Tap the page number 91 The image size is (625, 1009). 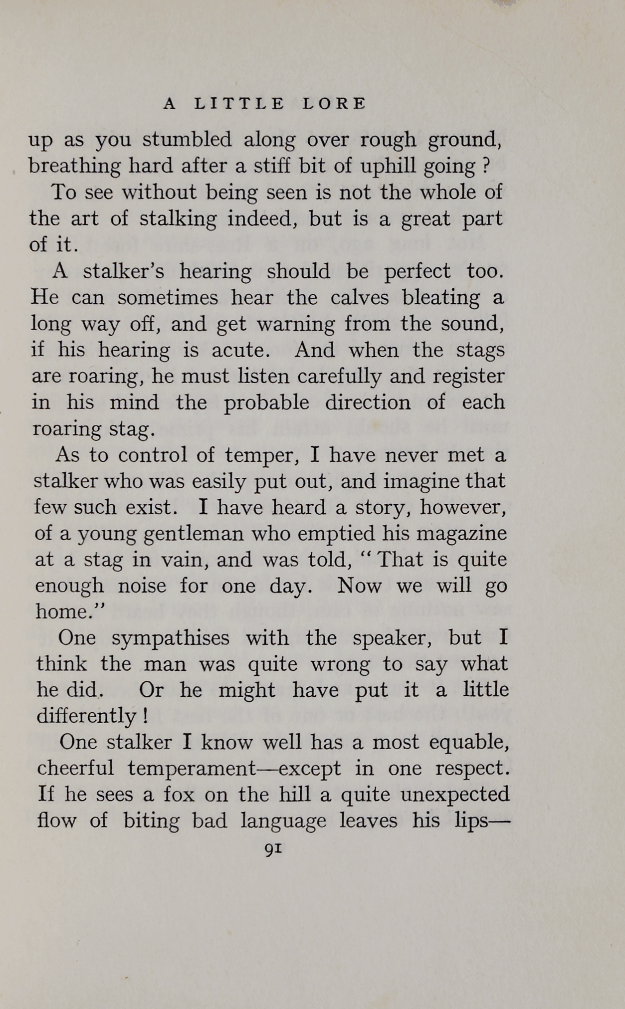pos(273,848)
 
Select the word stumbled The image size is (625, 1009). pos(187,140)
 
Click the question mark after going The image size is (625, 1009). pos(486,166)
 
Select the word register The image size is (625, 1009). pos(468,377)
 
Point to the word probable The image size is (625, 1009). pos(266,403)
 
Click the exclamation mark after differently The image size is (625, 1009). pos(145,717)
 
